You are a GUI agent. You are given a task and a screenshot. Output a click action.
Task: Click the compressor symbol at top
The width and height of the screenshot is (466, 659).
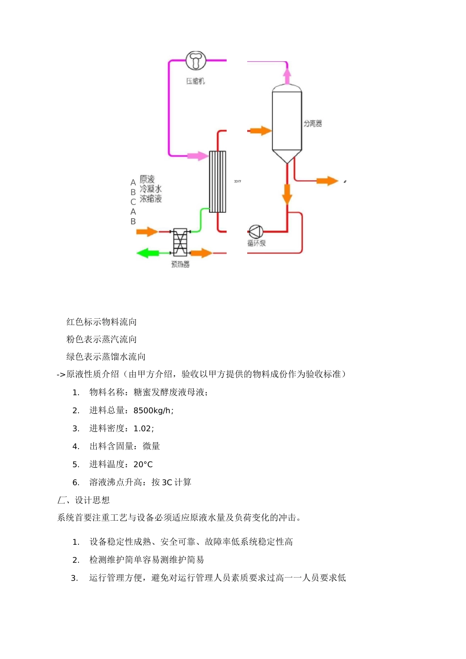point(196,60)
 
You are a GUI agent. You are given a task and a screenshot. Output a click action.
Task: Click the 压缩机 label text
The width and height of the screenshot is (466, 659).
point(195,81)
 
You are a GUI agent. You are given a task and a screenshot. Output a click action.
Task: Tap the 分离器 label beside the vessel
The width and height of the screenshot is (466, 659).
point(312,124)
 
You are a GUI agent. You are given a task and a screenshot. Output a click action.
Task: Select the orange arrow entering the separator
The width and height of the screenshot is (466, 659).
point(260,130)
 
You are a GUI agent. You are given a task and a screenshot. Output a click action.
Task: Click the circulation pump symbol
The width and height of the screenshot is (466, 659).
point(256,231)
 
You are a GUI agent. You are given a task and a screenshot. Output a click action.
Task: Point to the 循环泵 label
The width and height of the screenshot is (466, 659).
point(257,243)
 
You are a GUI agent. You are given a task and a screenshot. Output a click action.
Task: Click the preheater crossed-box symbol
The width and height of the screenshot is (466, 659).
point(180,242)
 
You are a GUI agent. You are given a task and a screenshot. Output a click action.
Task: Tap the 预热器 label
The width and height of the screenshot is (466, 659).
point(180,264)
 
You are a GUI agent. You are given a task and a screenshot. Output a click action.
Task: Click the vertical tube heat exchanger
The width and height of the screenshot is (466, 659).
point(217,181)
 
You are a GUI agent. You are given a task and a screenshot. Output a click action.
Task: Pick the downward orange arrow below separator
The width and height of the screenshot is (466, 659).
point(287,193)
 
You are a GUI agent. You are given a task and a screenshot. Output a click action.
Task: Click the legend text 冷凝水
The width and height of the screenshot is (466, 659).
point(151,189)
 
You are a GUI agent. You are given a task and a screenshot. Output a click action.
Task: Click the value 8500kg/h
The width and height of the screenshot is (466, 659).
point(153,410)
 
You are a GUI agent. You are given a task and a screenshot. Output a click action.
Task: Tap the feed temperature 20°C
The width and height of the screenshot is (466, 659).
point(143,464)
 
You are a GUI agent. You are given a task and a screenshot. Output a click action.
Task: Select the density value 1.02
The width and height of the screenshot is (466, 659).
point(143,429)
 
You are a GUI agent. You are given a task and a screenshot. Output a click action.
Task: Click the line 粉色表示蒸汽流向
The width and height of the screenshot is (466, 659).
point(102,339)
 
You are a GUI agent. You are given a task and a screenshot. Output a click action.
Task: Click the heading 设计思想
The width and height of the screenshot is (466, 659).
point(92,500)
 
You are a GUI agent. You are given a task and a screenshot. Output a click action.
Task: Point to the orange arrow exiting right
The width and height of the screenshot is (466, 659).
point(327,181)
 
